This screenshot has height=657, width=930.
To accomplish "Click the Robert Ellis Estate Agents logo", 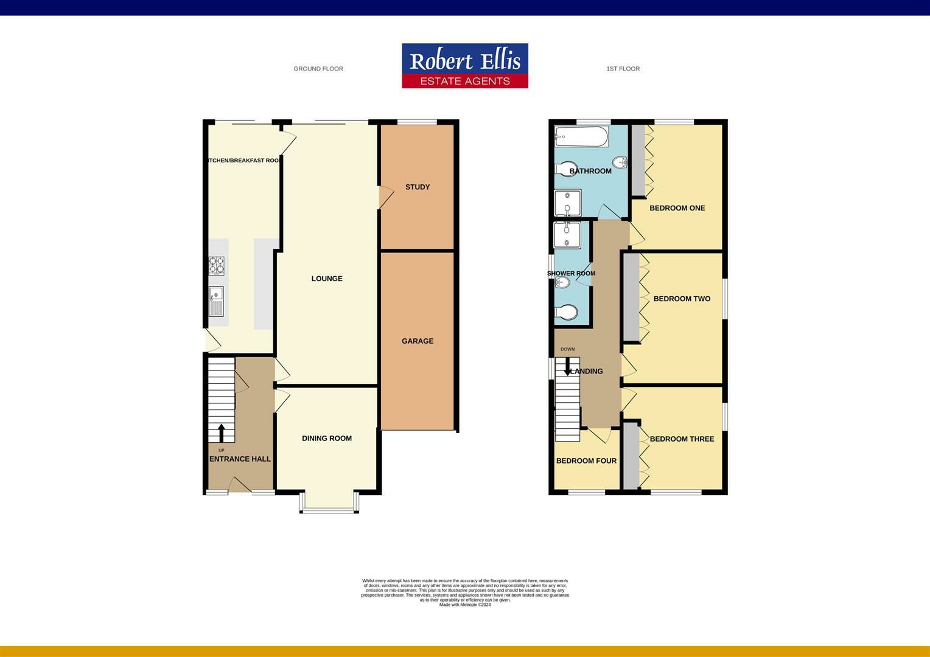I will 464,66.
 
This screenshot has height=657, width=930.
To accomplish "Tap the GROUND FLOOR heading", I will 318,69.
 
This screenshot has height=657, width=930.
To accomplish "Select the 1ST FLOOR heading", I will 623,69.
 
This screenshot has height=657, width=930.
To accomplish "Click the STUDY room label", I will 418,187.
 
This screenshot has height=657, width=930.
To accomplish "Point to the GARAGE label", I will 418,341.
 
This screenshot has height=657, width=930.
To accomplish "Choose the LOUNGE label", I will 327,279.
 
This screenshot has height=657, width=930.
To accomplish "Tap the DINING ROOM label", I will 327,438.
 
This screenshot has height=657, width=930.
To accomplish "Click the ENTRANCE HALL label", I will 240,459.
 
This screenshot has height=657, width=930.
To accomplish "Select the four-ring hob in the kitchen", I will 217,266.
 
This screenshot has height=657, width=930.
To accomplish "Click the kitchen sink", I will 216,301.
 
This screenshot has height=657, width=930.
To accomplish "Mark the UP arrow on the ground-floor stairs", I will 221,433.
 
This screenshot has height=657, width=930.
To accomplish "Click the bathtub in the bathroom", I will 581,137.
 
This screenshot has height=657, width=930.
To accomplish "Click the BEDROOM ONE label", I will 677,208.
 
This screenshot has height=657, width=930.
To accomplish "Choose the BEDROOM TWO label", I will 682,299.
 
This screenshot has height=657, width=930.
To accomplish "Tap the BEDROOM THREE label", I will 682,439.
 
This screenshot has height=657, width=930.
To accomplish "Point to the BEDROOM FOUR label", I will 586,461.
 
